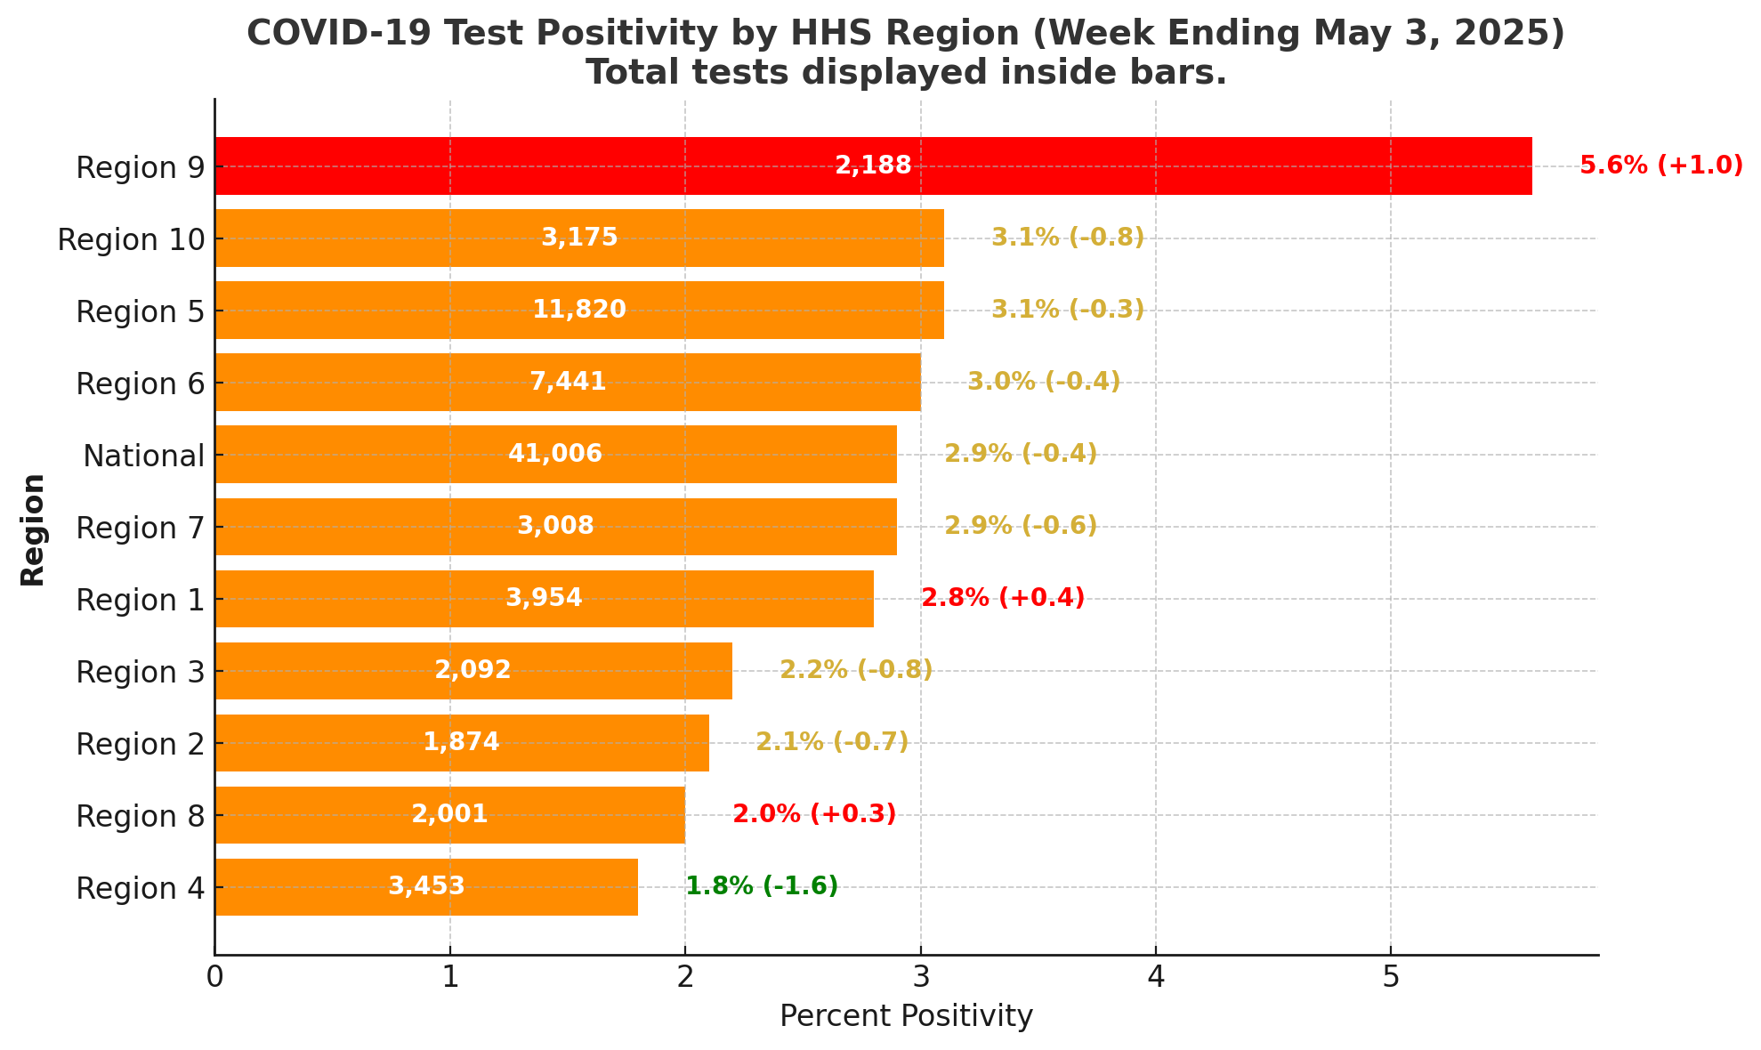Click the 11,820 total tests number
click(x=579, y=310)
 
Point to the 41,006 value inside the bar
click(x=555, y=454)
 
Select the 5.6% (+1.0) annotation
click(x=1660, y=166)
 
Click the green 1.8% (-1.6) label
click(x=762, y=886)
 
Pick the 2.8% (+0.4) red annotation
click(x=1003, y=598)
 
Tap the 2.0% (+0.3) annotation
click(x=814, y=814)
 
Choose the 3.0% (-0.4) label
click(x=1044, y=382)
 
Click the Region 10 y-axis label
click(x=131, y=240)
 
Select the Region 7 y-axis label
click(x=141, y=529)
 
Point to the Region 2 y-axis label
click(x=141, y=745)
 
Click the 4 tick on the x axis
click(x=1156, y=978)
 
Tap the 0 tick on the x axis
click(x=214, y=978)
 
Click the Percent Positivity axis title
click(x=906, y=1016)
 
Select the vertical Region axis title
click(x=33, y=529)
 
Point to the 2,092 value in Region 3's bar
click(x=473, y=670)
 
